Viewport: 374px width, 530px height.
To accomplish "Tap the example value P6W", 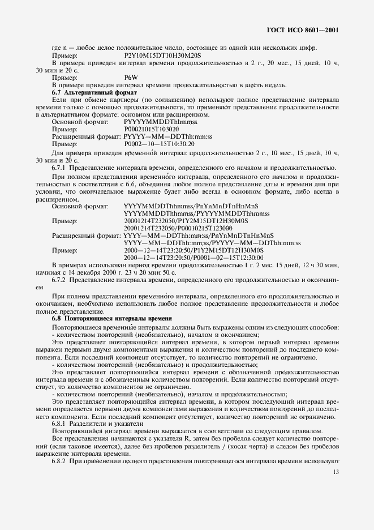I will (x=130, y=78).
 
